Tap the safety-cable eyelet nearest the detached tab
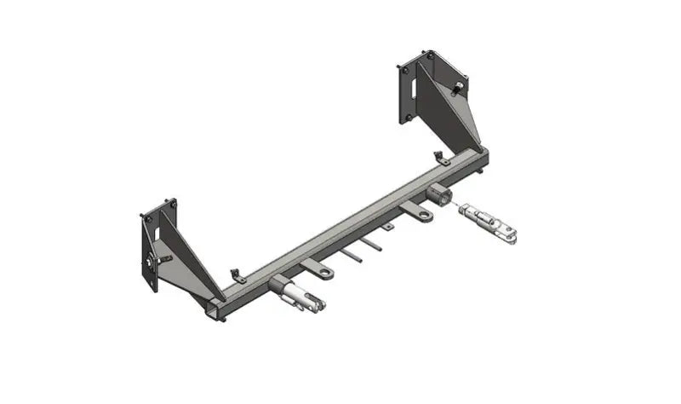click(x=423, y=216)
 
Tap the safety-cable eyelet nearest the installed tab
click(x=326, y=273)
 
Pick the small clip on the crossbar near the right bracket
click(x=441, y=158)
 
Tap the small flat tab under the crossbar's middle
click(x=387, y=227)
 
